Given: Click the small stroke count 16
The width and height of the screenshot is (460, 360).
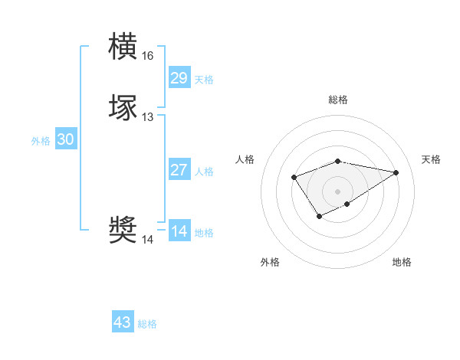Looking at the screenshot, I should point(148,56).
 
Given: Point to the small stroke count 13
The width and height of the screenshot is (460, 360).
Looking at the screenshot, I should point(148,117).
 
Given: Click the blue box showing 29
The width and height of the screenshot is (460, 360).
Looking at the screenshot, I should point(179,78).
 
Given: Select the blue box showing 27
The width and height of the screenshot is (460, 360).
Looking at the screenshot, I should point(179,170).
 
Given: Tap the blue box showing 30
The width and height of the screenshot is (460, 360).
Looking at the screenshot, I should point(66,139).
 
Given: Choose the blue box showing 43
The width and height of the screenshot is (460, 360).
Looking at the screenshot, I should point(123,322).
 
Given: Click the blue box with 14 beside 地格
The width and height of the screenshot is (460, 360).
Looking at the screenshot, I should point(179,231).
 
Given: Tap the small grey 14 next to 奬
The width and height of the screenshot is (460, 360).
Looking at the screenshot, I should point(148,240).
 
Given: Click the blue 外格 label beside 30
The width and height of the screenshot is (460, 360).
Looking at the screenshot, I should point(41,141).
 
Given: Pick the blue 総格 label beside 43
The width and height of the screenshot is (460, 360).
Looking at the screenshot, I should point(147,324).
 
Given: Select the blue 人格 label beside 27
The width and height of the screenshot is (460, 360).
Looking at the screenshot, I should point(204,172).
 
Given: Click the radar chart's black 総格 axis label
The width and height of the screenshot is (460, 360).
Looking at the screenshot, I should point(338,100).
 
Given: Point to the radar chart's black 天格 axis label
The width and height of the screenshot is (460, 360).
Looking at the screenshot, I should point(431,159).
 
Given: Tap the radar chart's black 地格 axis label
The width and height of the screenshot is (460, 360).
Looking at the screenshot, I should point(402,262).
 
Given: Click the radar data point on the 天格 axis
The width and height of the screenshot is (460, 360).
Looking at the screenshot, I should point(396,172).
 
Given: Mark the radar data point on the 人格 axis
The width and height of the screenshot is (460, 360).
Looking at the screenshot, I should point(294,177).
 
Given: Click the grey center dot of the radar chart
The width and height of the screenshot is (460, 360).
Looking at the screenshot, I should point(338,191).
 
